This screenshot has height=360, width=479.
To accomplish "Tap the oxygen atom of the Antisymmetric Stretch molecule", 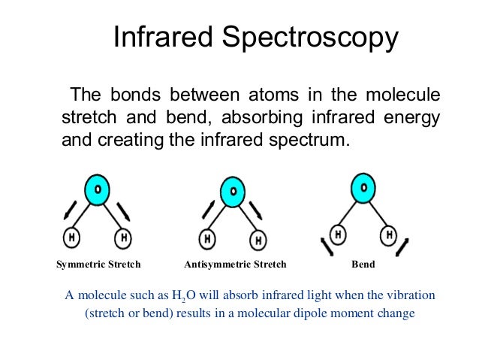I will tap(231, 192).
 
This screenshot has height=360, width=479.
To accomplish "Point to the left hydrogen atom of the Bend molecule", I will tap(341, 234).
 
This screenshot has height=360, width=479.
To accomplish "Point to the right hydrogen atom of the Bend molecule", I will tap(389, 234).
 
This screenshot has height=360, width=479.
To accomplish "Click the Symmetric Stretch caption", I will tap(98, 265).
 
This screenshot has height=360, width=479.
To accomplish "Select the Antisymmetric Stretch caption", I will tap(235, 265).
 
